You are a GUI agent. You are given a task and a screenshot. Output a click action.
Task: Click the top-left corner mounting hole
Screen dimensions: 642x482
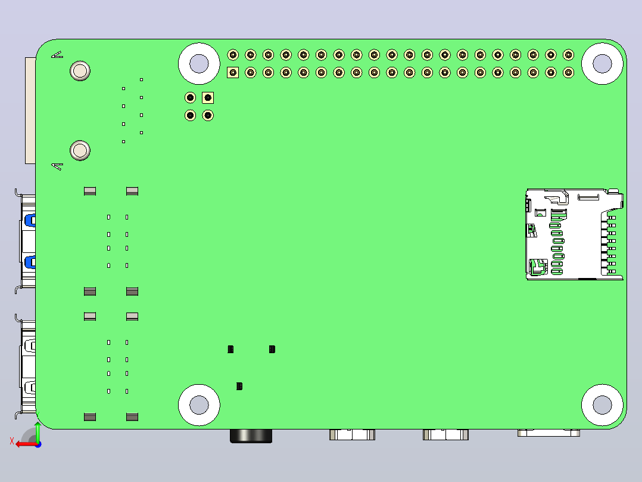click(199, 64)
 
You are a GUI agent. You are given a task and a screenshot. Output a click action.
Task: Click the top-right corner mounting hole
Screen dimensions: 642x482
click(602, 64)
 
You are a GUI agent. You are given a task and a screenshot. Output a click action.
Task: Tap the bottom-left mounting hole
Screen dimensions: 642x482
click(199, 405)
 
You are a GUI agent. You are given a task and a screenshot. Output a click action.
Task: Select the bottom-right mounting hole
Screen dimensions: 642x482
click(602, 405)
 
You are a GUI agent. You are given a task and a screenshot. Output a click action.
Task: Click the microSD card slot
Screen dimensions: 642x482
click(575, 234)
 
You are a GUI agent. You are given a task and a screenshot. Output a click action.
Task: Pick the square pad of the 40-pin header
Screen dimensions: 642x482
click(233, 73)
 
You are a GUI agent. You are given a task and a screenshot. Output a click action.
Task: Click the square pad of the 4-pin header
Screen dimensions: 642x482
click(208, 98)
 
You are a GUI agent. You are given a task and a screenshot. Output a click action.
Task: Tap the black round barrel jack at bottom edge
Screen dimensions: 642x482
click(251, 436)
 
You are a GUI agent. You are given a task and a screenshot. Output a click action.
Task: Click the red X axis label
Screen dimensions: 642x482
click(12, 441)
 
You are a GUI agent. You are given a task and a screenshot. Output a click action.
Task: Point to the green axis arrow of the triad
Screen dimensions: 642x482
click(38, 432)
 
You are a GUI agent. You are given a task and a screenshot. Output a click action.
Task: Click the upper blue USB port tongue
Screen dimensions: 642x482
click(30, 220)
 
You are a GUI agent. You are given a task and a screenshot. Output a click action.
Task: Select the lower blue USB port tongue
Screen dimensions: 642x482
click(30, 262)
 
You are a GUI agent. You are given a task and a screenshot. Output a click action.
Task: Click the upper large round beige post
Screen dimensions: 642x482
click(80, 71)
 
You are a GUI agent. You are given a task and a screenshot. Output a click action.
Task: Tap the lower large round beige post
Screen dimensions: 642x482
click(80, 150)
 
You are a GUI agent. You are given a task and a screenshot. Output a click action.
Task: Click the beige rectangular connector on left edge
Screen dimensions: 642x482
click(30, 111)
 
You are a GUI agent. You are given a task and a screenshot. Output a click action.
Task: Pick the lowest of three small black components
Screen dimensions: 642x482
click(239, 386)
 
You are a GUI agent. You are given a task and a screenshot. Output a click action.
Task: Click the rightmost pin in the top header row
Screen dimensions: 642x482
click(568, 54)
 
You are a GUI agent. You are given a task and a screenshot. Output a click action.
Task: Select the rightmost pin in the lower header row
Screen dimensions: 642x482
click(568, 73)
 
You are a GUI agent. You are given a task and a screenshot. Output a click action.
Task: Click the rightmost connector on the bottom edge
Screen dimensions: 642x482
click(548, 432)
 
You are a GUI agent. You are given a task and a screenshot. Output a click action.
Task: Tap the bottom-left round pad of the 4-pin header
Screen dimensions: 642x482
click(190, 115)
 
